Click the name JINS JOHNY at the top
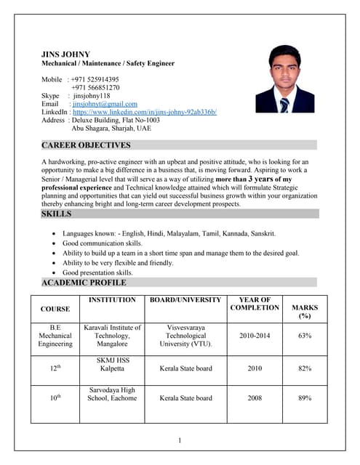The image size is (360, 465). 66,54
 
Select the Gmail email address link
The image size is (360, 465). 105,104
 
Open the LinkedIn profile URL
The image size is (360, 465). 145,112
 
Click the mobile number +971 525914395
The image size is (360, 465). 95,79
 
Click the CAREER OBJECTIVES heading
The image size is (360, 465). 86,145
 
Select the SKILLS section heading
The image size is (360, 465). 57,214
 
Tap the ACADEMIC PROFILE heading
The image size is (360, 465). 84,283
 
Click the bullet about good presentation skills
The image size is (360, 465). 97,272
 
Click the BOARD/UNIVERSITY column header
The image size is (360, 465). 185,299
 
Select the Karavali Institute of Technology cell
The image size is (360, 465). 112,336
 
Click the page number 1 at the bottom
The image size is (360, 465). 179,440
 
